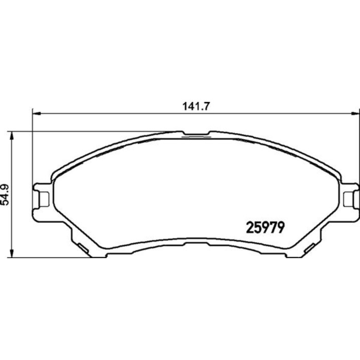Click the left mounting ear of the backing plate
pos(42,197)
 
